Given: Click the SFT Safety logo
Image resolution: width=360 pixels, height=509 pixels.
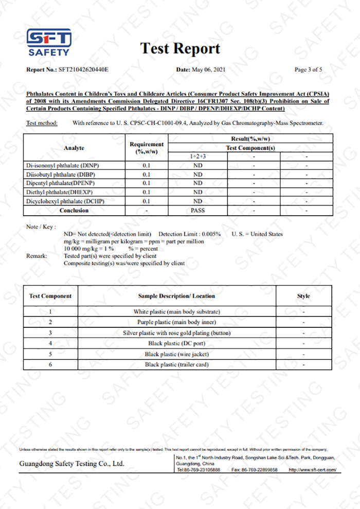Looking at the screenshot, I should point(49,42).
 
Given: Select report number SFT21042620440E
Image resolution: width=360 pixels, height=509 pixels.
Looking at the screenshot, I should point(83,69).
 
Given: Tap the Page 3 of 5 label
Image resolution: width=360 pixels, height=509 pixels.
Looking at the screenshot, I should point(308,69).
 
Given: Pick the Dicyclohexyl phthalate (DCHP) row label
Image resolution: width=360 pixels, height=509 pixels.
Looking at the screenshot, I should point(65,201).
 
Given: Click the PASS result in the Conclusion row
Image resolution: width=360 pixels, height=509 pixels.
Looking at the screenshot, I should point(197,210).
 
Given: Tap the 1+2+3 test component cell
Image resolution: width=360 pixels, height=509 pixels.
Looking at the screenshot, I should point(197,156).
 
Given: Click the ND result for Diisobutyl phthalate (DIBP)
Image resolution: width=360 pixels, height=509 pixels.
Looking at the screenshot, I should point(197,174).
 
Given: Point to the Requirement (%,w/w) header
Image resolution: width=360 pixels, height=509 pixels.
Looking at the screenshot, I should point(147,148).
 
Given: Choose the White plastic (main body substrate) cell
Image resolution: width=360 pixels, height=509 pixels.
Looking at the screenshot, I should point(176,312).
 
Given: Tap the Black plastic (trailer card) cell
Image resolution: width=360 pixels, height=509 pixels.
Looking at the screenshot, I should point(176,364).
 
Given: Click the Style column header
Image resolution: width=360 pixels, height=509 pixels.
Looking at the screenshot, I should point(304,296).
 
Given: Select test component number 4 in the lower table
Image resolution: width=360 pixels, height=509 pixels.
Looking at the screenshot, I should point(50,343).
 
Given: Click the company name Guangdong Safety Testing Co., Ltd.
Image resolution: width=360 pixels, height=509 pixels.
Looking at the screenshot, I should point(71,464).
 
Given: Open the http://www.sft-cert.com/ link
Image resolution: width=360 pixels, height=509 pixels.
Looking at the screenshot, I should point(312,470).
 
